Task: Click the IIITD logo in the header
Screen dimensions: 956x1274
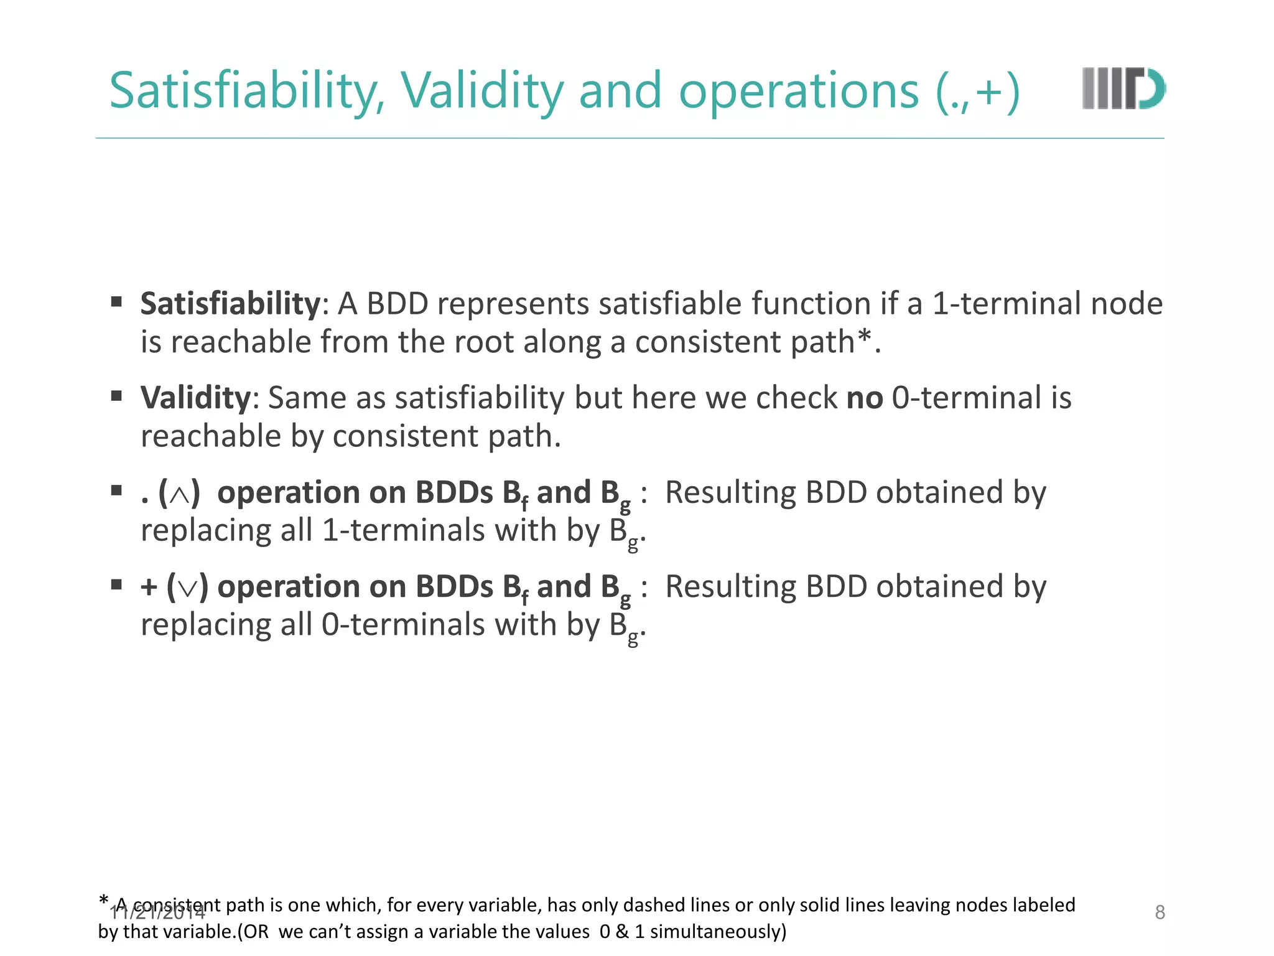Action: (1123, 88)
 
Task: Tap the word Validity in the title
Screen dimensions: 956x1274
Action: (481, 91)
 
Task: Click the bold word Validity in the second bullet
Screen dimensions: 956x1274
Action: (195, 398)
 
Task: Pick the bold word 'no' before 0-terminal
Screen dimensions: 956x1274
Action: (865, 398)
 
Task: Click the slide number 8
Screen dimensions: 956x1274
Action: (1160, 912)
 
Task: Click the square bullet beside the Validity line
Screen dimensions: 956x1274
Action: (116, 396)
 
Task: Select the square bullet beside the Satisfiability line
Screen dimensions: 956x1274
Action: (116, 302)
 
